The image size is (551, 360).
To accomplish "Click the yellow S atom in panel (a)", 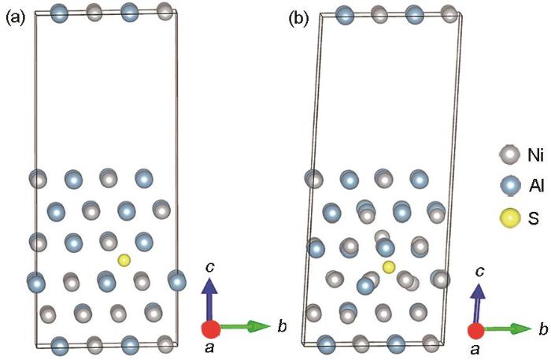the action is pos(124,260).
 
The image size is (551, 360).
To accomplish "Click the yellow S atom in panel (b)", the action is pos(389,267).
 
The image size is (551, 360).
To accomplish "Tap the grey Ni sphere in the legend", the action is pos(509,154).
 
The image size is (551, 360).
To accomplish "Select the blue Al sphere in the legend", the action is pos(509,186).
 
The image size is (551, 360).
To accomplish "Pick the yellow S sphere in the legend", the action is pos(509,218).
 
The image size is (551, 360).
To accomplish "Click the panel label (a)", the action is pos(16,17).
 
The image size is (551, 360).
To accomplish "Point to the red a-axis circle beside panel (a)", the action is pos(211,328).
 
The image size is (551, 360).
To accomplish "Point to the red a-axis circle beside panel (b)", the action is pos(476,331).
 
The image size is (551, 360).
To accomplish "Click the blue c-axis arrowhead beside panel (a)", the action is pos(209,286).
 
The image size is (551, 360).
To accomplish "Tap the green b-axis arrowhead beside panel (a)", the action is pos(259,326).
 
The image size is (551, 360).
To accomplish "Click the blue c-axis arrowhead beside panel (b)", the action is pos(479,291).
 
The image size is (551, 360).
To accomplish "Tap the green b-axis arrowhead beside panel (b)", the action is pos(521,329).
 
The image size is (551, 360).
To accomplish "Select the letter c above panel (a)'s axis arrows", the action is pos(210,268).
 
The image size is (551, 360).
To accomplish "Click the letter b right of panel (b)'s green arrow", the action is pos(543,329).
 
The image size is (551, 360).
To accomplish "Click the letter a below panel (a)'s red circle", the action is pos(209,347).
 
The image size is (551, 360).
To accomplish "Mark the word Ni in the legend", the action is pos(535,154).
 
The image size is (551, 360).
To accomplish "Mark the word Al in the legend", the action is pos(536,185).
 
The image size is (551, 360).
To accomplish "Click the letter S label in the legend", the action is pos(533,218).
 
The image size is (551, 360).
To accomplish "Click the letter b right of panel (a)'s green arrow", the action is pos(282,326).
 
